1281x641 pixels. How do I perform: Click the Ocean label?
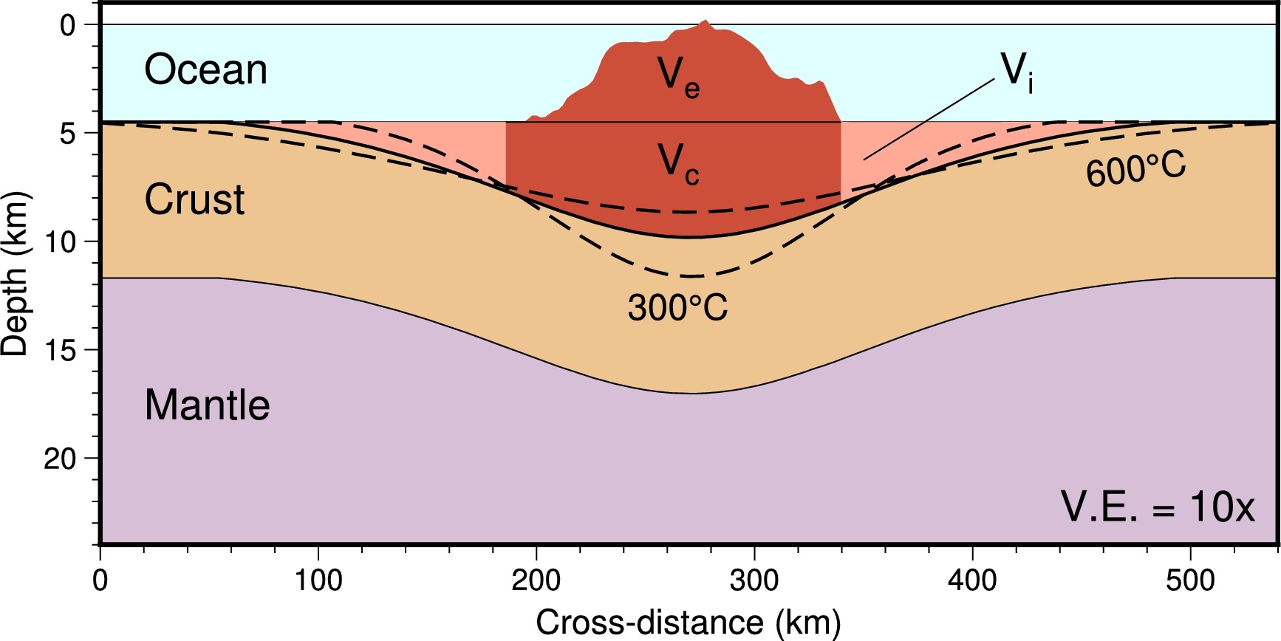pos(205,70)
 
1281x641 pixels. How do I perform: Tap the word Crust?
pos(194,199)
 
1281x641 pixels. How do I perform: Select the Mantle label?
pos(207,405)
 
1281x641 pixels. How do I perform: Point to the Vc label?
pos(678,163)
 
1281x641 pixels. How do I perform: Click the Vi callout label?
pos(1017,72)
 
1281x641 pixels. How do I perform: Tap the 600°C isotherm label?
pos(1135,168)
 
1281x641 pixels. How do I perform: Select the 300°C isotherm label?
pos(677,307)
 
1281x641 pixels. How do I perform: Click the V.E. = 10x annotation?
pos(1158,507)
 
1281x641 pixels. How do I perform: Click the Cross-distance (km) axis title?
pos(688,623)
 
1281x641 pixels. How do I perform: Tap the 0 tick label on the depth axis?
pos(67,26)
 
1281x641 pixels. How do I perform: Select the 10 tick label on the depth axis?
pos(61,242)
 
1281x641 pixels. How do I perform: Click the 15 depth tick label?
pos(61,351)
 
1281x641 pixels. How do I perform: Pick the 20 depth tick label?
pos(61,459)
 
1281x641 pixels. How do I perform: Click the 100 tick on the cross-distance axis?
pos(318,581)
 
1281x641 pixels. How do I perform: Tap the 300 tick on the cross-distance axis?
pos(754,581)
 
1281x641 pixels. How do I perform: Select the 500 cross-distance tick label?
pos(1190,581)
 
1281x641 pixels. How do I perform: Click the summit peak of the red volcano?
pos(705,21)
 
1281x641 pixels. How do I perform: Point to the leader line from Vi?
pos(929,120)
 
